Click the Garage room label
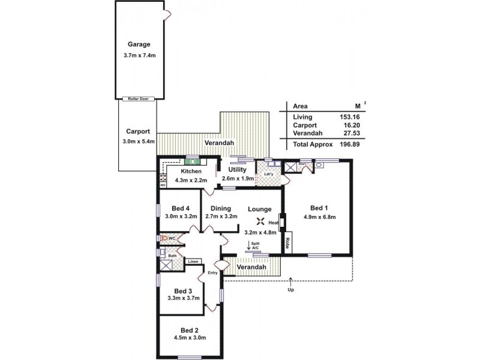[139, 44]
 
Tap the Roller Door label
[138, 99]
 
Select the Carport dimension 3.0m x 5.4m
[138, 142]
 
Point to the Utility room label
[238, 170]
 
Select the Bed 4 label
[181, 208]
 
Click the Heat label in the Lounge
[274, 223]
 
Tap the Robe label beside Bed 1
[288, 244]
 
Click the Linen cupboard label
[193, 262]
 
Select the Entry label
[212, 273]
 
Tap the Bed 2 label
[189, 330]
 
